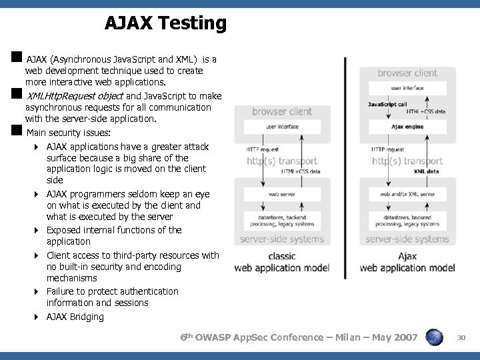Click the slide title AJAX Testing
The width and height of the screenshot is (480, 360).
pos(165,24)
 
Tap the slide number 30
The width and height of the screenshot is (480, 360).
pos(461,339)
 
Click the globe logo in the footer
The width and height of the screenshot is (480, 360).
pos(435,338)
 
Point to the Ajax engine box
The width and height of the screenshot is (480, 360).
pos(407,127)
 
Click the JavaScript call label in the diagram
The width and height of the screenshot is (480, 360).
pos(387,104)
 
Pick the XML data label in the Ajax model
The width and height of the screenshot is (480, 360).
pos(427,171)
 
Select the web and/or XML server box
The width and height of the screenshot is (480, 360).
pos(407,193)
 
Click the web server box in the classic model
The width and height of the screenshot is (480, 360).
pos(282,193)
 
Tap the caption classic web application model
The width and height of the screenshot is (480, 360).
pos(283,262)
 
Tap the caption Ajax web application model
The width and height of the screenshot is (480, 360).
pos(407,262)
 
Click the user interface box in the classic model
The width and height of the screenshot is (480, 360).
pos(282,127)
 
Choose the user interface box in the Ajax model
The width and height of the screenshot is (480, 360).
pos(407,88)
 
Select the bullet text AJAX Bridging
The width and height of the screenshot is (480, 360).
pos(75,317)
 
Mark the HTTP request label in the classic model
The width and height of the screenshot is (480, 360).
pos(262,149)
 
